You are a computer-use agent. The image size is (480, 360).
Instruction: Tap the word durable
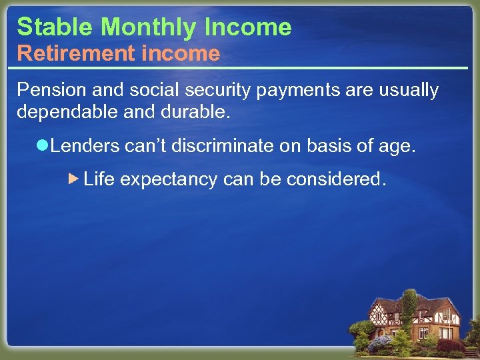point(196,112)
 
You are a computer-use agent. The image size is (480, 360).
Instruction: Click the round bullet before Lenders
point(44,146)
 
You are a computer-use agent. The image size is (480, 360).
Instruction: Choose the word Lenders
point(85,146)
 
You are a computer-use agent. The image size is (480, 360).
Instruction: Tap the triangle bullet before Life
point(74,179)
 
